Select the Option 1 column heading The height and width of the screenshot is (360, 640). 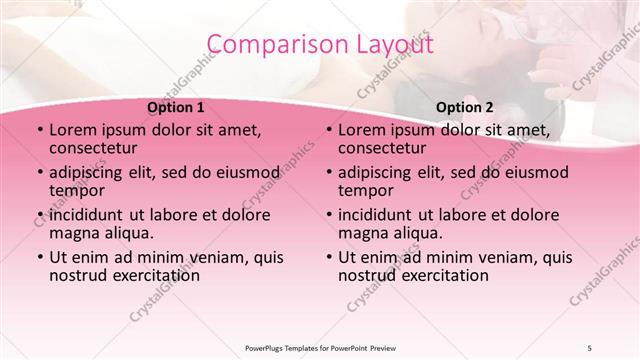click(175, 107)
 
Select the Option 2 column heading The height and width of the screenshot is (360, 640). click(464, 107)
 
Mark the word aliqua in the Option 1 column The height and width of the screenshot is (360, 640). click(126, 233)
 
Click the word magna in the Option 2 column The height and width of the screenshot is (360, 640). click(363, 233)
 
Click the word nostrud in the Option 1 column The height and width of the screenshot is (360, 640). click(79, 275)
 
